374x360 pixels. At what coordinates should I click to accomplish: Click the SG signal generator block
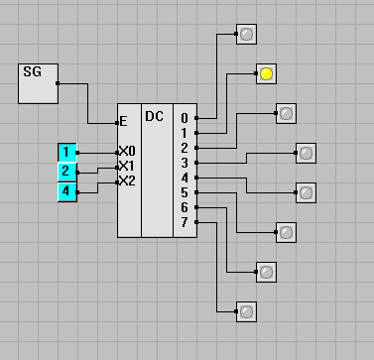(38, 83)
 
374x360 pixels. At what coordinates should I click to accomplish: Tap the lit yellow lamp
(266, 73)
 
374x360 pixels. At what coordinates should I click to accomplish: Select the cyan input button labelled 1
(67, 153)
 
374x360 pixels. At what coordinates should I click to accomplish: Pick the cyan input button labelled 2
(67, 172)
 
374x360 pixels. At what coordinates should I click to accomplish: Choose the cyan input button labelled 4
(67, 191)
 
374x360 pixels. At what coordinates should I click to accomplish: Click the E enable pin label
(123, 122)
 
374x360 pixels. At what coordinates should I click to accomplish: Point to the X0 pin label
(127, 152)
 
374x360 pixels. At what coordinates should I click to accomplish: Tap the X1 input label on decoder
(127, 166)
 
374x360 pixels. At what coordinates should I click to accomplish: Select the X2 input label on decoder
(127, 181)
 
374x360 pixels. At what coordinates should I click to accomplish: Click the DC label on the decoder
(154, 116)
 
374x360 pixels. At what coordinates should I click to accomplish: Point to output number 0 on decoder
(185, 118)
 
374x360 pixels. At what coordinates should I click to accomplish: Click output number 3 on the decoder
(185, 163)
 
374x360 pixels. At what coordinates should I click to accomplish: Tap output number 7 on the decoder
(185, 222)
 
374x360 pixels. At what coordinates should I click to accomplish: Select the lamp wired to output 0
(246, 34)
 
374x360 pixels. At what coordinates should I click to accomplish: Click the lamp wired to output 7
(246, 311)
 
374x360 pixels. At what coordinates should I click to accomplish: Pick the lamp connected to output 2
(286, 113)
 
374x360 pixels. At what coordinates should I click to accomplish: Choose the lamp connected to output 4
(306, 192)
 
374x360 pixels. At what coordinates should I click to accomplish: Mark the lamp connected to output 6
(266, 272)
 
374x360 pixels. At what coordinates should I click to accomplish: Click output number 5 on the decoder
(185, 192)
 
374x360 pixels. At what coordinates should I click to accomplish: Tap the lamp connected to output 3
(306, 153)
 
